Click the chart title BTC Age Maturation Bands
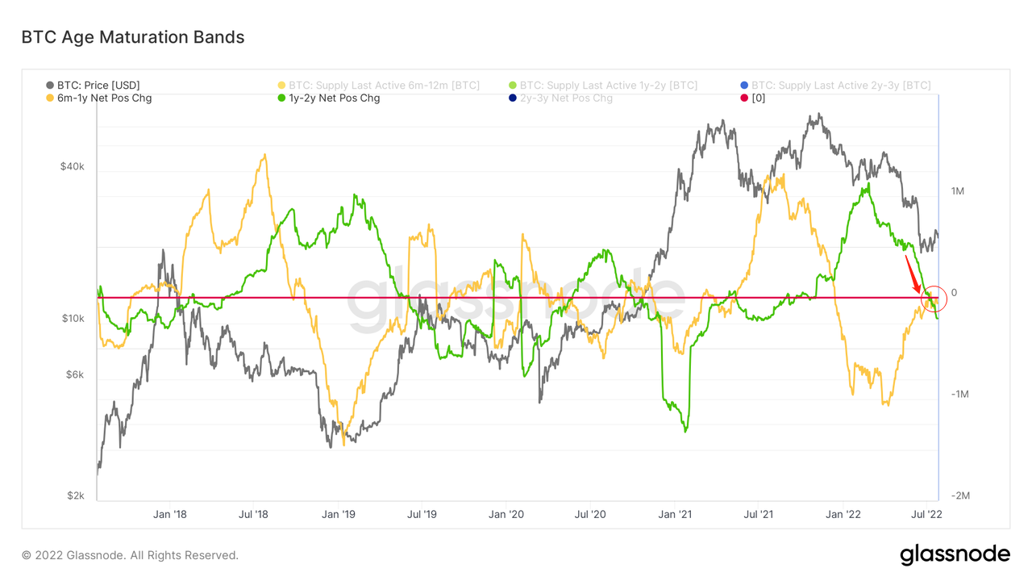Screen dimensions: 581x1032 (x=132, y=37)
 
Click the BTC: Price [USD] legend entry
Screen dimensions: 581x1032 (x=98, y=85)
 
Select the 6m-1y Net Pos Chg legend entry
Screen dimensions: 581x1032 (x=98, y=98)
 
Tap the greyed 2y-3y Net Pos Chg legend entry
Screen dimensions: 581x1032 (x=565, y=98)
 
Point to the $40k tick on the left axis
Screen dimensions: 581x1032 (x=72, y=166)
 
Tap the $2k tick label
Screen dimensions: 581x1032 (x=75, y=495)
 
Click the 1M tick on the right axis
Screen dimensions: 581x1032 (x=958, y=191)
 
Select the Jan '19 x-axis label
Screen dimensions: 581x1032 (x=339, y=514)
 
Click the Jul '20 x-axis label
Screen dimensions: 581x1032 (x=591, y=514)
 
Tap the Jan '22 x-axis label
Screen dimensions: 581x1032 (x=843, y=514)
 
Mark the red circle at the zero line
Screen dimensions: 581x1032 (x=934, y=298)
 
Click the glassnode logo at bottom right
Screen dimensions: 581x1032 (x=955, y=554)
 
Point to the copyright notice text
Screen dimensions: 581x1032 (x=130, y=555)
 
